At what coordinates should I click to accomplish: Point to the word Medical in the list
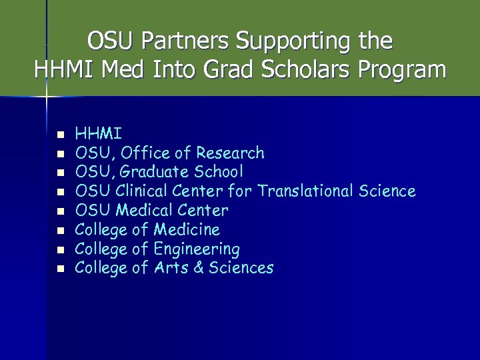pyautogui.click(x=142, y=211)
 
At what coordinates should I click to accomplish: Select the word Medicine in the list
pyautogui.click(x=186, y=230)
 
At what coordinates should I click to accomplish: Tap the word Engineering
pyautogui.click(x=196, y=249)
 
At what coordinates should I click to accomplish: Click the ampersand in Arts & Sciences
pyautogui.click(x=199, y=268)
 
